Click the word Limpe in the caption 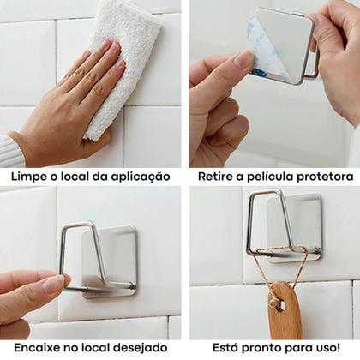(x=28, y=177)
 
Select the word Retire (x=215, y=177)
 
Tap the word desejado (x=141, y=348)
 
